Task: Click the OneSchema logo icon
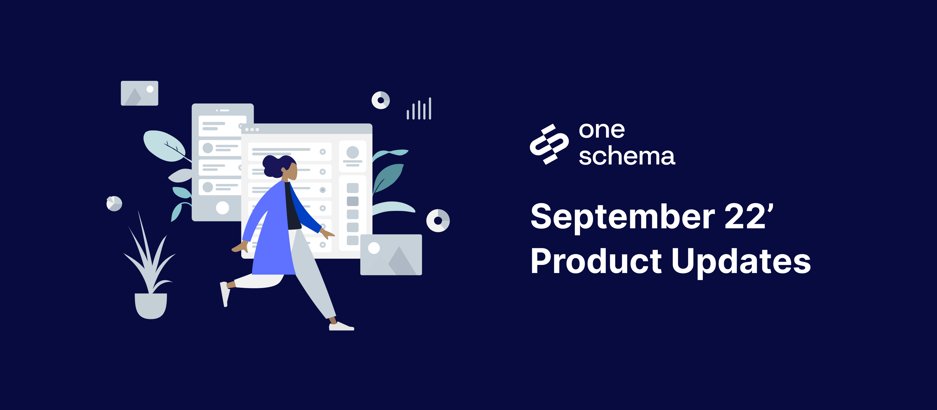[549, 144]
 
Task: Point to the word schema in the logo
[627, 156]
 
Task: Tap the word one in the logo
[602, 130]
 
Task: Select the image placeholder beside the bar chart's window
[391, 255]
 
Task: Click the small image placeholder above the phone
[139, 93]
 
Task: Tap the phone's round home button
[222, 208]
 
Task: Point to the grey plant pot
[151, 306]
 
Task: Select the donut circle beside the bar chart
[381, 100]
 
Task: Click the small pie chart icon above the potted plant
[114, 203]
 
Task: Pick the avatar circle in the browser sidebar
[352, 152]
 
